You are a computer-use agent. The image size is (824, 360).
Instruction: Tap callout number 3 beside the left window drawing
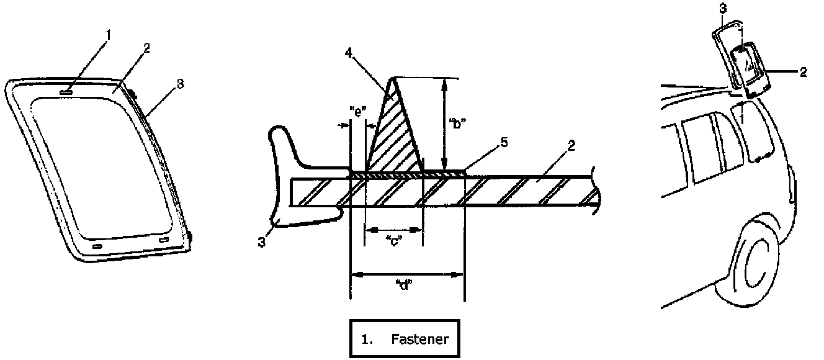click(179, 84)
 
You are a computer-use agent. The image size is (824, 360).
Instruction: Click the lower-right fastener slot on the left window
click(164, 239)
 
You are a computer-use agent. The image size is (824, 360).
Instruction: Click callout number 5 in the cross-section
click(504, 143)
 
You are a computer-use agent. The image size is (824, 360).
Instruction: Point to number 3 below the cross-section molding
click(262, 243)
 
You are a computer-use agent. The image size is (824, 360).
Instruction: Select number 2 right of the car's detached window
click(803, 72)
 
